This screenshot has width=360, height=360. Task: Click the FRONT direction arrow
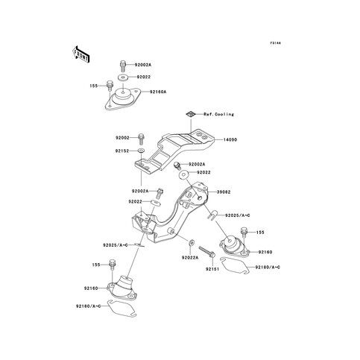pyautogui.click(x=80, y=54)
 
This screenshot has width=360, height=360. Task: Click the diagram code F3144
pyautogui.click(x=276, y=43)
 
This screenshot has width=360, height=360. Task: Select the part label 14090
pyautogui.click(x=230, y=140)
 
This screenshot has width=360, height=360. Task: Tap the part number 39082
pyautogui.click(x=224, y=192)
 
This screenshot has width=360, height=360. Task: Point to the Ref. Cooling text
pyautogui.click(x=219, y=114)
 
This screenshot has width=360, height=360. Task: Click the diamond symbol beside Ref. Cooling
pyautogui.click(x=191, y=114)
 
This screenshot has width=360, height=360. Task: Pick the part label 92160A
pyautogui.click(x=158, y=92)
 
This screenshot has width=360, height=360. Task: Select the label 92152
pyautogui.click(x=122, y=151)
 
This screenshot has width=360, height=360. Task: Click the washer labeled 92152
pyautogui.click(x=142, y=151)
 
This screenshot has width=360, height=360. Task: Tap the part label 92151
pyautogui.click(x=212, y=269)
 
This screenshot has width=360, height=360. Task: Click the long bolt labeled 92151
pyautogui.click(x=206, y=252)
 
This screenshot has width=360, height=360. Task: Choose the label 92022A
pyautogui.click(x=190, y=258)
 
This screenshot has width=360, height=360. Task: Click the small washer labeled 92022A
pyautogui.click(x=192, y=242)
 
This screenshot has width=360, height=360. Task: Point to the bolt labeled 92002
pyautogui.click(x=141, y=139)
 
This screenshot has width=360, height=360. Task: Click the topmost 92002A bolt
pyautogui.click(x=123, y=66)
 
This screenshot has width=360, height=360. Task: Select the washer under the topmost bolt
pyautogui.click(x=123, y=78)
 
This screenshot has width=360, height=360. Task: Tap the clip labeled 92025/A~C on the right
pyautogui.click(x=212, y=215)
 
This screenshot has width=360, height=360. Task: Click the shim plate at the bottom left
pyautogui.click(x=121, y=309)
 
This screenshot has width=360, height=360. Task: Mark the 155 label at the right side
pyautogui.click(x=260, y=233)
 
